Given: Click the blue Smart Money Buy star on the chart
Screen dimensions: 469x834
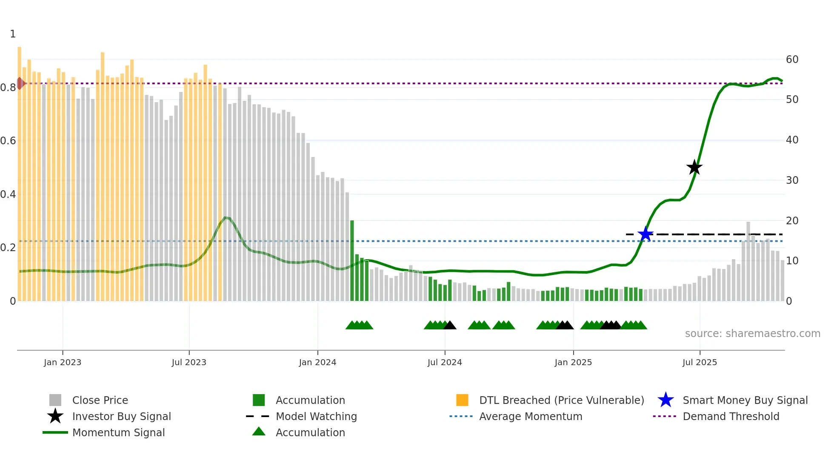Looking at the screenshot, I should [x=645, y=234].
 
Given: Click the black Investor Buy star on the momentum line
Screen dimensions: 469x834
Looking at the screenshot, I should [x=694, y=167].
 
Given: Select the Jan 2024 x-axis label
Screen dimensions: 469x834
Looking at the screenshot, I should [x=317, y=363].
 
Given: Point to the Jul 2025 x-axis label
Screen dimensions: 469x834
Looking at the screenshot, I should [x=700, y=363].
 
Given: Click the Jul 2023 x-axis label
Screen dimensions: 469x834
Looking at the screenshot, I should [x=189, y=363].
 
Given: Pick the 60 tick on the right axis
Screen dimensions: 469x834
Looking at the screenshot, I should [x=792, y=60].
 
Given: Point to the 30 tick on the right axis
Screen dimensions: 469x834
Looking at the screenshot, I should [x=792, y=180].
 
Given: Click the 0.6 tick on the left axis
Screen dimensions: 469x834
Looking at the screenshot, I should [x=9, y=141].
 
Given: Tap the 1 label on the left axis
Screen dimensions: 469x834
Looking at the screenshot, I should [x=13, y=34].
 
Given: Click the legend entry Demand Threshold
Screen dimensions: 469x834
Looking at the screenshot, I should [x=731, y=417].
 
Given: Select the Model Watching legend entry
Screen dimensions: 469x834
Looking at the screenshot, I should [x=316, y=417].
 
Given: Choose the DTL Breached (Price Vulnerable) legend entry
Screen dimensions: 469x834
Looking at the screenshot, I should [x=561, y=400].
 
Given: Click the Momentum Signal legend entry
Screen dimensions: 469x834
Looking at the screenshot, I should [x=118, y=433].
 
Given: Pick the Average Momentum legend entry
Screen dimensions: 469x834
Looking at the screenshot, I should [x=531, y=417].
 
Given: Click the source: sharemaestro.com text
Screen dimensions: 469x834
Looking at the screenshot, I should [x=752, y=334].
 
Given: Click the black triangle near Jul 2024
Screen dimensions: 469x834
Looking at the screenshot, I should [x=450, y=326].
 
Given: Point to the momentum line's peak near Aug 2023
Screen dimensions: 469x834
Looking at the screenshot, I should [x=226, y=218].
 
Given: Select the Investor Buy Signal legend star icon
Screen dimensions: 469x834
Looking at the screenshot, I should [x=55, y=417].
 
